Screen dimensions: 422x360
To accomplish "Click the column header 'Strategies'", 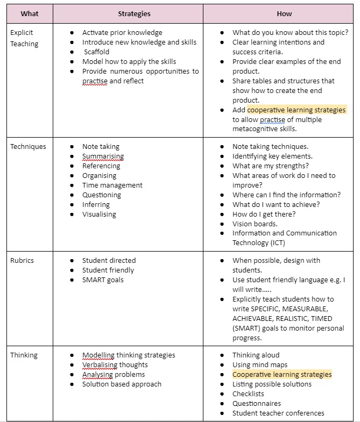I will pyautogui.click(x=134, y=13).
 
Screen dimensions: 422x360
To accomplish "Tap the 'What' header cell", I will pyautogui.click(x=30, y=13).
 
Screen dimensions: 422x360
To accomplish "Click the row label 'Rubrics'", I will pyautogui.click(x=22, y=260).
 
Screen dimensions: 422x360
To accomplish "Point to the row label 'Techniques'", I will pyautogui.click(x=28, y=146).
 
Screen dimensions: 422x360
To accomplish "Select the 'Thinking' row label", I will pyautogui.click(x=24, y=355).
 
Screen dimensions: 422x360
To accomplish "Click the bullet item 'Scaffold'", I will pyautogui.click(x=96, y=52).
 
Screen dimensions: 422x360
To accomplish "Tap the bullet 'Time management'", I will pyautogui.click(x=112, y=185).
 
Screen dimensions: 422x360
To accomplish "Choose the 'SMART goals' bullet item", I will pyautogui.click(x=103, y=280).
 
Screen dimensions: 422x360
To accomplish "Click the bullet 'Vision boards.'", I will pyautogui.click(x=255, y=224).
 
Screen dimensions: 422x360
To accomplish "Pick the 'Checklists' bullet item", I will pyautogui.click(x=248, y=394).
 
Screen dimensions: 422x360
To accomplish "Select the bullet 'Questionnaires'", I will pyautogui.click(x=256, y=403).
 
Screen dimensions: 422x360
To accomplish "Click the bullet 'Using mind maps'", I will pyautogui.click(x=260, y=364).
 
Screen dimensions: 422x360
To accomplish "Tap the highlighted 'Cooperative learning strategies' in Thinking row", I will pyautogui.click(x=282, y=374).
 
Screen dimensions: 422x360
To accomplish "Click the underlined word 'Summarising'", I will pyautogui.click(x=103, y=156).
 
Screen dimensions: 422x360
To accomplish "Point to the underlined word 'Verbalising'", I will pyautogui.click(x=100, y=364).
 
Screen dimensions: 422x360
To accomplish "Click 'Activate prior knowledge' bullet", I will pyautogui.click(x=122, y=33).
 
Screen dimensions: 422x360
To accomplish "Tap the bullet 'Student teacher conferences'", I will pyautogui.click(x=278, y=413).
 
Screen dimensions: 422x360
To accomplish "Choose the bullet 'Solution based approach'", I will pyautogui.click(x=122, y=384).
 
